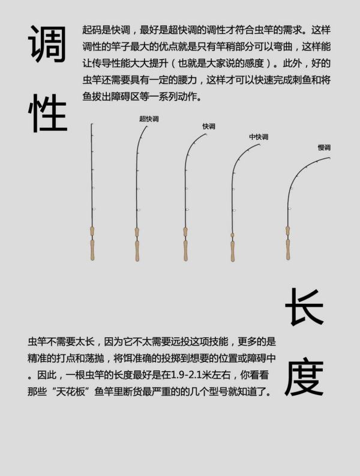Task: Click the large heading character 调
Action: pos(47,44)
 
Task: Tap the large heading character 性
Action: pos(47,113)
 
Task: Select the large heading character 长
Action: pos(304,307)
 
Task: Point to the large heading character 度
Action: pos(304,378)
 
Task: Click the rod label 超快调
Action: pos(149,119)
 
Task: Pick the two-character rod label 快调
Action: pos(209,126)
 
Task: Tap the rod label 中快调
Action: pos(259,137)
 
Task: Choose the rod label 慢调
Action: pos(324,148)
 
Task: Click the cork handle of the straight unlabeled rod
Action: pos(92,244)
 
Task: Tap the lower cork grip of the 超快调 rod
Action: pos(137,251)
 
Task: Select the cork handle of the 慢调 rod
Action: pos(288,243)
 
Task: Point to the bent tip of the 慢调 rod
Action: pos(329,158)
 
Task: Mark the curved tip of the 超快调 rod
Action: pos(147,127)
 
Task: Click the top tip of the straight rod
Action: pos(92,124)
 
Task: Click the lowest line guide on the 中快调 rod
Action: pos(235,209)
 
